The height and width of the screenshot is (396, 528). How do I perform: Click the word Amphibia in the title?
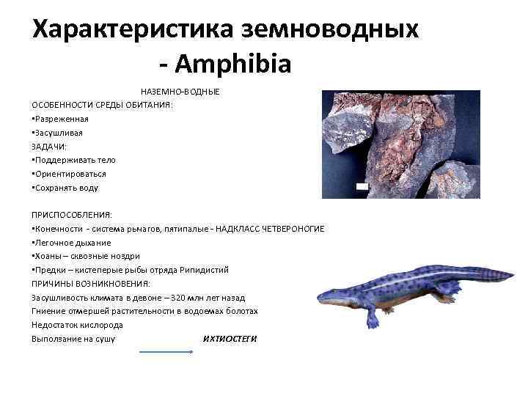point(234,64)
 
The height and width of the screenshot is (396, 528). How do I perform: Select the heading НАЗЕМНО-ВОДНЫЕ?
point(180,92)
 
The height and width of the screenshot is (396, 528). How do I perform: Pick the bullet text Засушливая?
point(59,133)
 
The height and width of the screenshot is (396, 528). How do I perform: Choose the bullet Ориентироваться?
point(70,174)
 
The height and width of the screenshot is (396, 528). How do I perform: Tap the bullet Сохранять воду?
point(66,188)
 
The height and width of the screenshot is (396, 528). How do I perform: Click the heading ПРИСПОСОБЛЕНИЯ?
point(71,215)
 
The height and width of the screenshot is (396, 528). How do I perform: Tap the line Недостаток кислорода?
point(77,324)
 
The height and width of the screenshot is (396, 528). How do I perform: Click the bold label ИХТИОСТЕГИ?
point(230,338)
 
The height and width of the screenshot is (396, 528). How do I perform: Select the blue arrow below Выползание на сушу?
point(166,351)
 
